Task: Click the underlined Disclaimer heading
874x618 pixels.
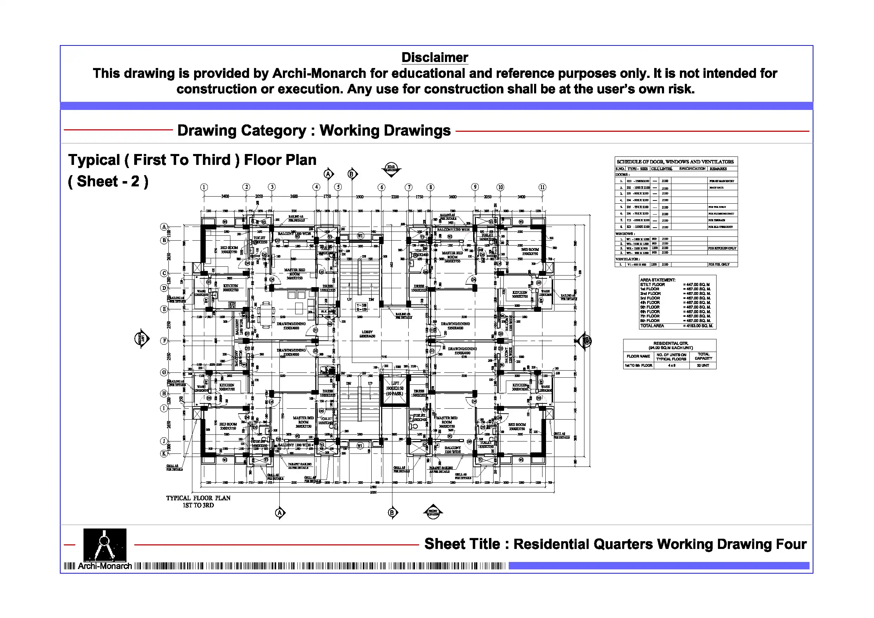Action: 435,57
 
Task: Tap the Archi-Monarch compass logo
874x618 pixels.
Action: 105,544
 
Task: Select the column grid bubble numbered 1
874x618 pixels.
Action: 204,187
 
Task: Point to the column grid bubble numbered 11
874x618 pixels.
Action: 543,187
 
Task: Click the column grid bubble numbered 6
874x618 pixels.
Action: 382,187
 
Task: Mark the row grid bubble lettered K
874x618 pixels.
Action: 164,453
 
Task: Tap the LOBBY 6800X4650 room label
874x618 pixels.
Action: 367,334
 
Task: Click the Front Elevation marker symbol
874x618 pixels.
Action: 433,512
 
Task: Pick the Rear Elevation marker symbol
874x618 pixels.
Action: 391,168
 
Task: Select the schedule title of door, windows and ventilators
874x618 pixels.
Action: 675,162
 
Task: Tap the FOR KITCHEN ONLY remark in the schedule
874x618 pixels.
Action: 722,248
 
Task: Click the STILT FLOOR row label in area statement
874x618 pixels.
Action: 652,284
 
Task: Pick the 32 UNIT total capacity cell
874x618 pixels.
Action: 703,365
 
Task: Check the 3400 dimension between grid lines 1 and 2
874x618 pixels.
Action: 225,197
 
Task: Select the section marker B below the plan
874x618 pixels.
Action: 392,513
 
